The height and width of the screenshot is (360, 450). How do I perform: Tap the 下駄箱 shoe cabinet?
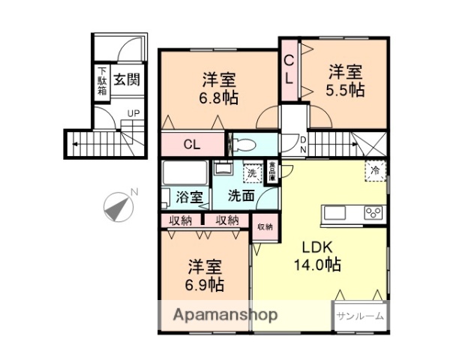pyautogui.click(x=101, y=82)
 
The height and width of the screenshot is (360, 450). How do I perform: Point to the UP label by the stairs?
pyautogui.click(x=133, y=113)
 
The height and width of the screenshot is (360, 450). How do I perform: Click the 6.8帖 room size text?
pyautogui.click(x=219, y=99)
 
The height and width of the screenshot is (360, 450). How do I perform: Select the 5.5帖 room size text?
pyautogui.click(x=346, y=90)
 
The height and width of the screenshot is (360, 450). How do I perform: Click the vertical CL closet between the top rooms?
pyautogui.click(x=288, y=68)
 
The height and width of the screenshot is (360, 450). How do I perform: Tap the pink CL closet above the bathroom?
pyautogui.click(x=192, y=145)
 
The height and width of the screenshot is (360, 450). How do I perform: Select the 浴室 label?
pyautogui.click(x=188, y=199)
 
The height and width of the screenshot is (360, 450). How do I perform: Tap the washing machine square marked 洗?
pyautogui.click(x=251, y=172)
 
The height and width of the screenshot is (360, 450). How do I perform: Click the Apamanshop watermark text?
pyautogui.click(x=226, y=315)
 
